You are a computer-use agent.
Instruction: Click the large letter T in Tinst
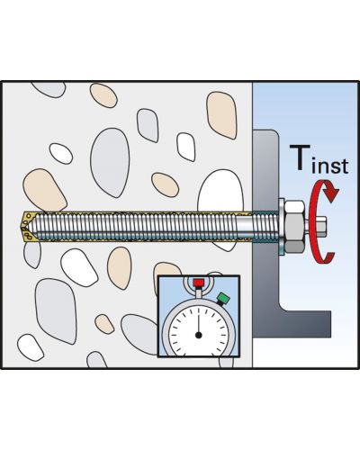pos(300,157)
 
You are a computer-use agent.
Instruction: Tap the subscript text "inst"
pos(330,165)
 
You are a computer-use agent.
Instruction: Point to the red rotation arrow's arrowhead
pos(331,193)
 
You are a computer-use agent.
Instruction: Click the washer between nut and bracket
pos(281,227)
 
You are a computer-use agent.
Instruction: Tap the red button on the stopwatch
pos(198,283)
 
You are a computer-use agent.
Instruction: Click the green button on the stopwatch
pos(223,298)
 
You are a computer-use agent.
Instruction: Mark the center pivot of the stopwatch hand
pos(198,335)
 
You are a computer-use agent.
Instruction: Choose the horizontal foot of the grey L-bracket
pos(303,324)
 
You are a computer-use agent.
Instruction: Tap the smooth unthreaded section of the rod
pos(244,226)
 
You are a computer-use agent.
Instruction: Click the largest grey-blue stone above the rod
pos(110,162)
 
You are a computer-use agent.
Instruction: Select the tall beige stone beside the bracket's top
pos(221,115)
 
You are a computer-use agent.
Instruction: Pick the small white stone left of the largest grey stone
pos(61,154)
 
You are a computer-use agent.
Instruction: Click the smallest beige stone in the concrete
pos(104,324)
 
